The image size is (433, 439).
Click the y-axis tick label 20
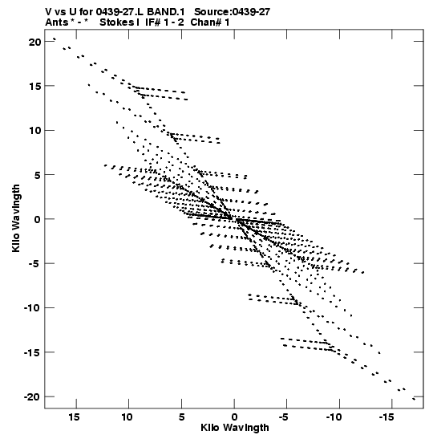click(34, 43)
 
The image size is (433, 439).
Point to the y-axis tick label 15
click(34, 86)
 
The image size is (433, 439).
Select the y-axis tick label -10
click(32, 308)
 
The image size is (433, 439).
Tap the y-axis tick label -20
click(32, 396)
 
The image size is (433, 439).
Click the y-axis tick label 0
click(38, 219)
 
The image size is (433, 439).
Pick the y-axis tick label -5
click(35, 264)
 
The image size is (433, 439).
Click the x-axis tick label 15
click(74, 417)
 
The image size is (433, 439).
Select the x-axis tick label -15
click(386, 417)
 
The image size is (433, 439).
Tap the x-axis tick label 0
click(234, 417)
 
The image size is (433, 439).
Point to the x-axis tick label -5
click(284, 417)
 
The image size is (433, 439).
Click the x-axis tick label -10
click(334, 417)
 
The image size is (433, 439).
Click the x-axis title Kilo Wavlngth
click(235, 428)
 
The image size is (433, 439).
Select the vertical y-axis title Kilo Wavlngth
click(16, 218)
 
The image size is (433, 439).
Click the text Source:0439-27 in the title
click(232, 12)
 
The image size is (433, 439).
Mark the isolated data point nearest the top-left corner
click(55, 39)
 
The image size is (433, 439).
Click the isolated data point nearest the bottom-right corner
click(414, 399)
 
